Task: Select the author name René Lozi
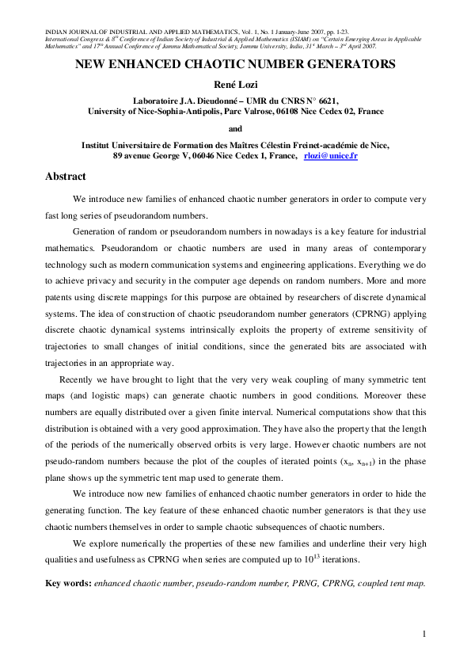click(234, 86)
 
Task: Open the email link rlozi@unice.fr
click(331, 157)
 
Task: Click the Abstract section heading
click(66, 177)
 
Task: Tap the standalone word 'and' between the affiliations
click(235, 128)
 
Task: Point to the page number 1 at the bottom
click(424, 633)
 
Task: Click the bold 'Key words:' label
click(69, 583)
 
